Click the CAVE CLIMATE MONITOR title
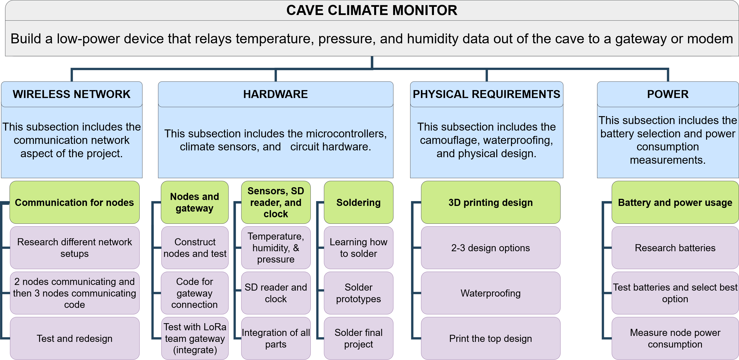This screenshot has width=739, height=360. point(372,10)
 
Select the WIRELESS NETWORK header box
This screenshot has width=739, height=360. point(72,94)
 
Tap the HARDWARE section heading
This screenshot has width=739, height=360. point(275,94)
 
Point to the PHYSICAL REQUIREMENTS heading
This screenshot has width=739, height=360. point(487,94)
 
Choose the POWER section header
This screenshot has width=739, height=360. point(668,94)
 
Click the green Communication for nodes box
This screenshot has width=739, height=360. point(74,202)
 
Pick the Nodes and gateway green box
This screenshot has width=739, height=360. point(195,202)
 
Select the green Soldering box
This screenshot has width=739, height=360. point(359,202)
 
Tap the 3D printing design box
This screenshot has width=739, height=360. point(491,202)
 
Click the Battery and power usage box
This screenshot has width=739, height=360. point(675,202)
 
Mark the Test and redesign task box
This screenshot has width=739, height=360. point(74,338)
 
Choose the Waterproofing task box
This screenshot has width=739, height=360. point(491,293)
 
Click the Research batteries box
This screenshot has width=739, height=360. point(675,248)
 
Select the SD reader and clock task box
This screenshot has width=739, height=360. point(276,293)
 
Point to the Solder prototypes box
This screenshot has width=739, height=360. point(359,293)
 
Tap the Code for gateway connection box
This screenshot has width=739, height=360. point(195,293)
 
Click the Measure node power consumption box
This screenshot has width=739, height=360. point(675,338)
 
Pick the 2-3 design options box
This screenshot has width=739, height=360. point(491,248)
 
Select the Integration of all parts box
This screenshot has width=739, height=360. point(276,338)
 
